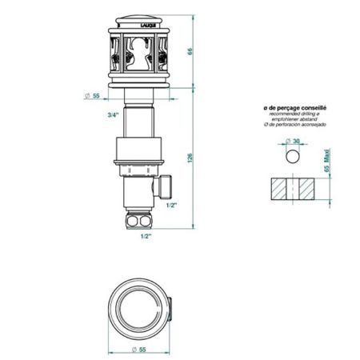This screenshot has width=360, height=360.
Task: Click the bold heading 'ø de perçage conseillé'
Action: tap(294, 106)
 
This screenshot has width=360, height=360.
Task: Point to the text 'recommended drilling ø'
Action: tap(294, 114)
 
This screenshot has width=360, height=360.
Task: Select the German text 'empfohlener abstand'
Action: tap(294, 120)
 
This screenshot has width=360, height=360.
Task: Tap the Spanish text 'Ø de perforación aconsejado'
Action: tap(294, 126)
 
